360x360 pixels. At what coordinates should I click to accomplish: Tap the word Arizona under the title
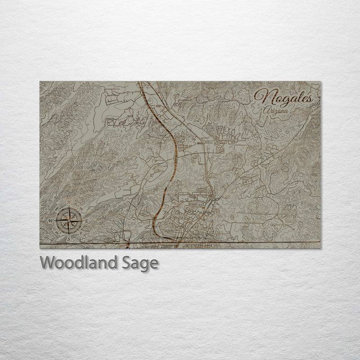[x=277, y=109]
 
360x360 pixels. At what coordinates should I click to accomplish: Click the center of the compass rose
[x=69, y=220]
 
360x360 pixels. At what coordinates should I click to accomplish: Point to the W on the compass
[x=51, y=220]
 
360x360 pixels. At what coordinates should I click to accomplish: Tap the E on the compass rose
[x=86, y=220]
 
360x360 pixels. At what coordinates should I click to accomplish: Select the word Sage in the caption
[x=138, y=263]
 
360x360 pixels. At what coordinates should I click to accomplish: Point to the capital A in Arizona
[x=267, y=109]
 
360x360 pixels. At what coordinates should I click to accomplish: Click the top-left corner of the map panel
[x=40, y=82]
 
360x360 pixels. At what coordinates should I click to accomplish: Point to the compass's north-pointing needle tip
[x=69, y=207]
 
